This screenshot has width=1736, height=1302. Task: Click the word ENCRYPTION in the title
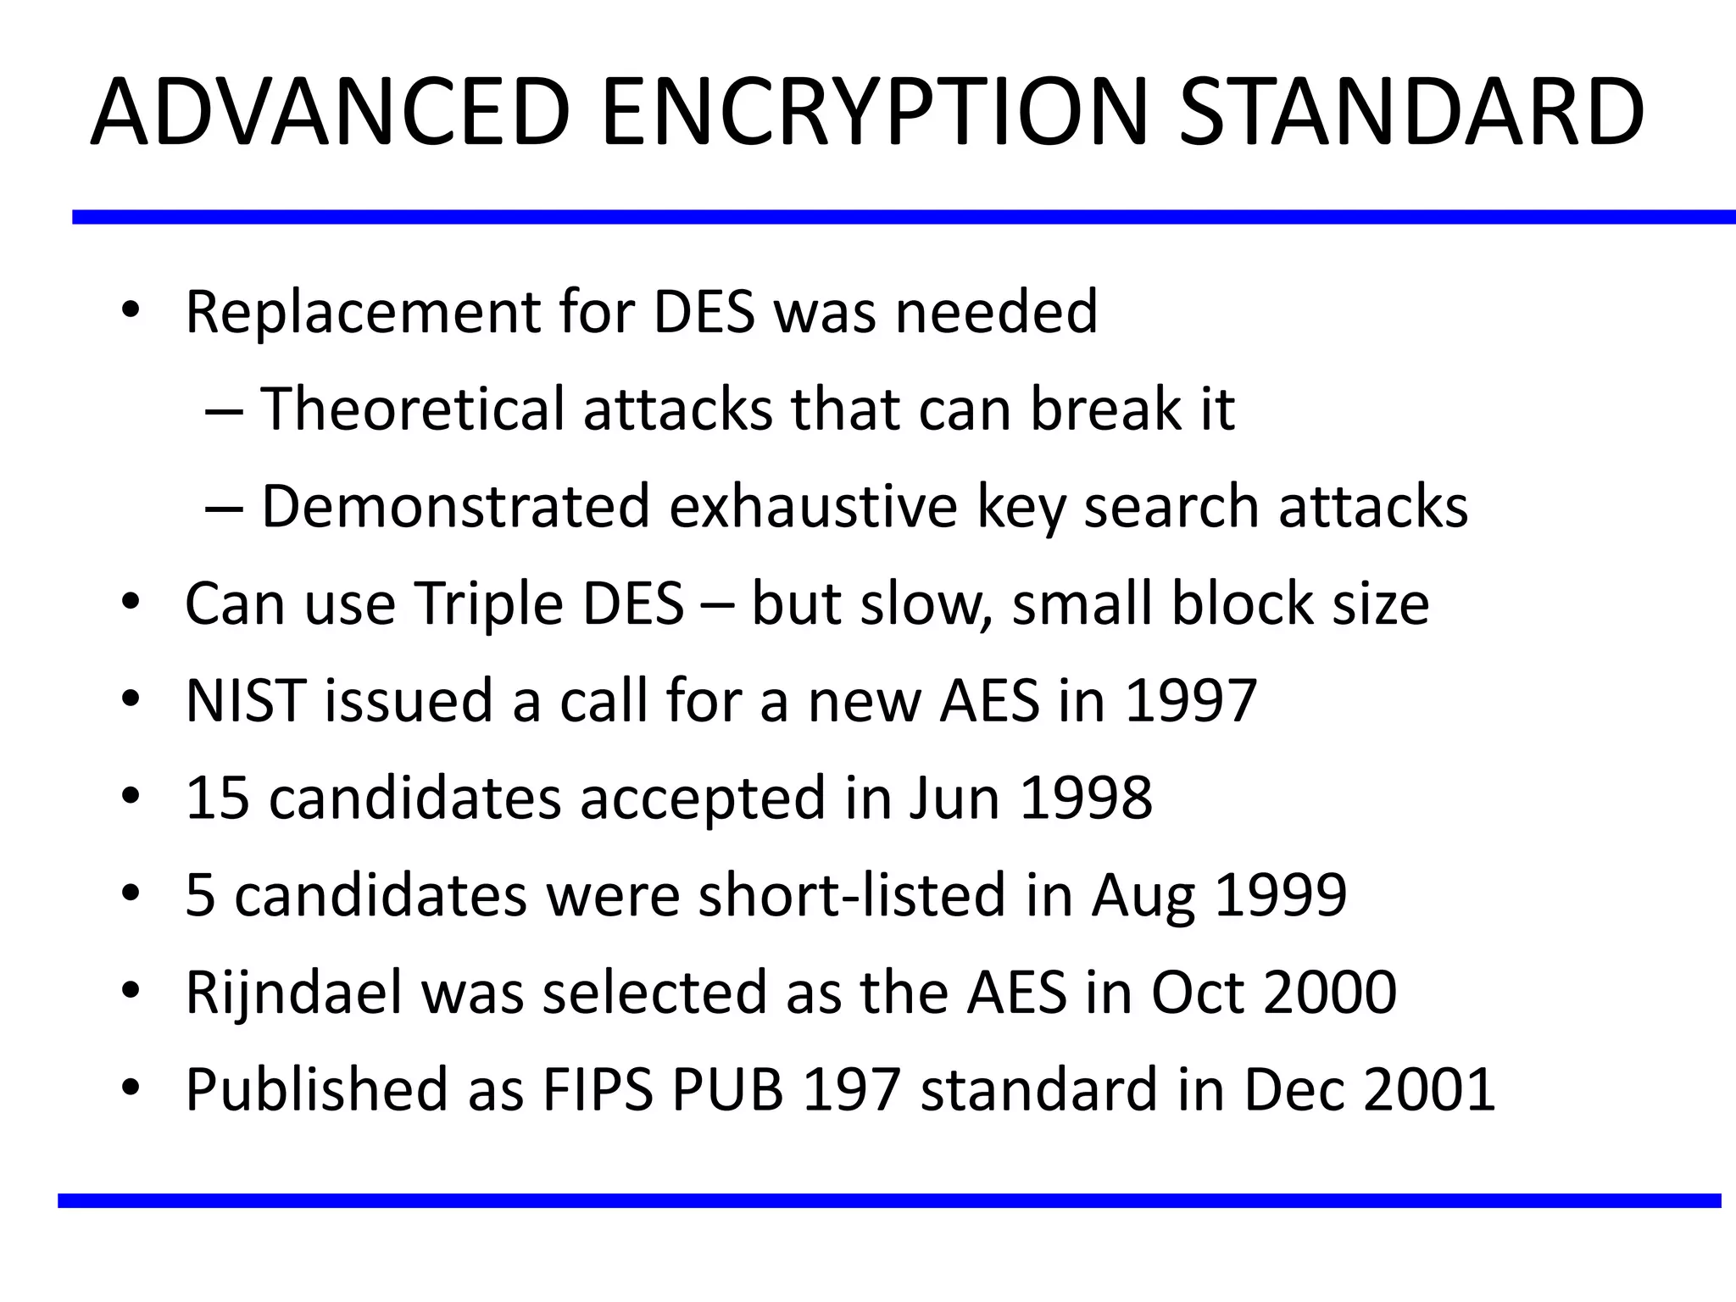[873, 113]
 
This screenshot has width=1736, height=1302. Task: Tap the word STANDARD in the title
[1411, 113]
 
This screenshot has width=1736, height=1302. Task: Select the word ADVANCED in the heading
[331, 113]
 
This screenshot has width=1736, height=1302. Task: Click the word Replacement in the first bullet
[362, 313]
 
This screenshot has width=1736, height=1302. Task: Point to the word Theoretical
[411, 409]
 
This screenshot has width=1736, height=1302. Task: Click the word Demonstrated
[455, 507]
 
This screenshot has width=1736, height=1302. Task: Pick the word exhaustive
[813, 507]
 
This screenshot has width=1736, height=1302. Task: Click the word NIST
[245, 702]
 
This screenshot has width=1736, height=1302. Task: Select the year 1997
[1190, 702]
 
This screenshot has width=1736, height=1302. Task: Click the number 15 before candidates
[218, 798]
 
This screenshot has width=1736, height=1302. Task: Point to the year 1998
[1086, 798]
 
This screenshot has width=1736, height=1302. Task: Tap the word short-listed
[851, 896]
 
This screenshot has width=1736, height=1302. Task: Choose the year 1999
[1281, 896]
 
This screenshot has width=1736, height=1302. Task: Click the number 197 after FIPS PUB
[850, 1090]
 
